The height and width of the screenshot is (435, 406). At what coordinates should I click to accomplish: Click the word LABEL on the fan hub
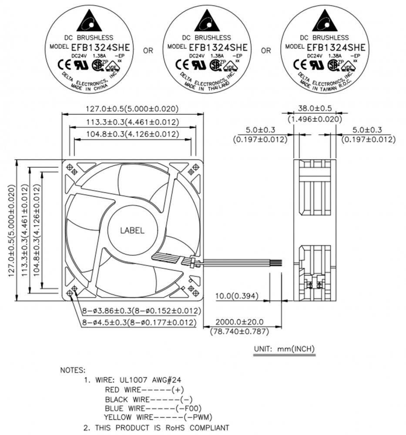pos(132,231)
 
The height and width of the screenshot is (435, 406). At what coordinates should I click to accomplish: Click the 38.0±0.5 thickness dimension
pos(315,108)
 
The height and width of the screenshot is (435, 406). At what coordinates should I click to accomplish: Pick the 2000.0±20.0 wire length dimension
pos(239,322)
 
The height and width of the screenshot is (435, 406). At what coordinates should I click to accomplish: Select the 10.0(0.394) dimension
pos(237,297)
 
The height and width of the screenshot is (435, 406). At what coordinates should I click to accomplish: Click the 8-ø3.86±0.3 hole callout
pos(141,311)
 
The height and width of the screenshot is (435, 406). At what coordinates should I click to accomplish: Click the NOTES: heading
pos(73,371)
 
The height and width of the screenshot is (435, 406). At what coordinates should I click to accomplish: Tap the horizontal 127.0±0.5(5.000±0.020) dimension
pos(133,109)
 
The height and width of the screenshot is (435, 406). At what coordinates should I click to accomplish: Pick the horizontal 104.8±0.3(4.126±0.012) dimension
pos(133,134)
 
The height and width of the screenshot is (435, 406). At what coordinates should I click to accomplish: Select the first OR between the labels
pos(148,51)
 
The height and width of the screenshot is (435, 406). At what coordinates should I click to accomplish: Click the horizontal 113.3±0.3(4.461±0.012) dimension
pos(133,122)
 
